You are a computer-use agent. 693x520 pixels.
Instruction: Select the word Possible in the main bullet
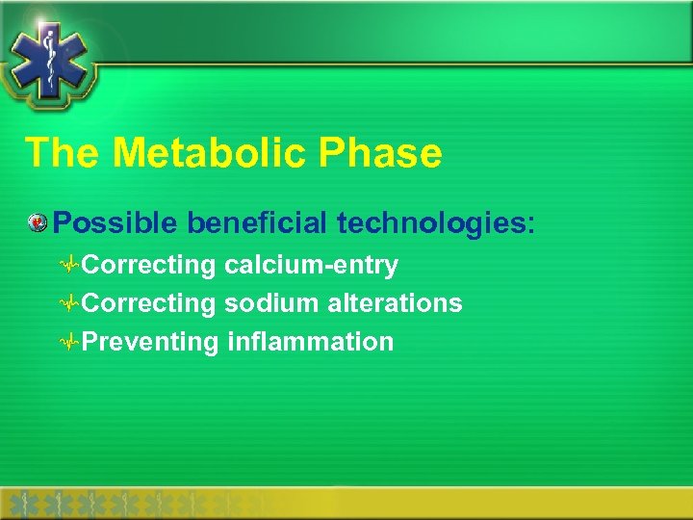pyautogui.click(x=115, y=223)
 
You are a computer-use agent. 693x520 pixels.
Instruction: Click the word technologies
pyautogui.click(x=426, y=223)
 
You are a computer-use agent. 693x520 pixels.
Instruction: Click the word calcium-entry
pyautogui.click(x=311, y=265)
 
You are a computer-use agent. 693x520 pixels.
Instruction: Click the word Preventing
pyautogui.click(x=151, y=342)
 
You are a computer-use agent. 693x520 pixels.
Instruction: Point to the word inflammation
pyautogui.click(x=311, y=342)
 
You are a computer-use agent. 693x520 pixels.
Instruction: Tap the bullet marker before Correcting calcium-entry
pyautogui.click(x=69, y=266)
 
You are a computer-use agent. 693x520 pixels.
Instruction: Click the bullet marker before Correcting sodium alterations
pyautogui.click(x=69, y=304)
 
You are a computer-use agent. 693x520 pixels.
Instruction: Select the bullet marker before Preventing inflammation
pyautogui.click(x=69, y=343)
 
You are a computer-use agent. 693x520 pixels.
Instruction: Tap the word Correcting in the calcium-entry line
pyautogui.click(x=149, y=265)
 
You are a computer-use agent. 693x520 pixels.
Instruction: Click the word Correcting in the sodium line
pyautogui.click(x=149, y=303)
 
